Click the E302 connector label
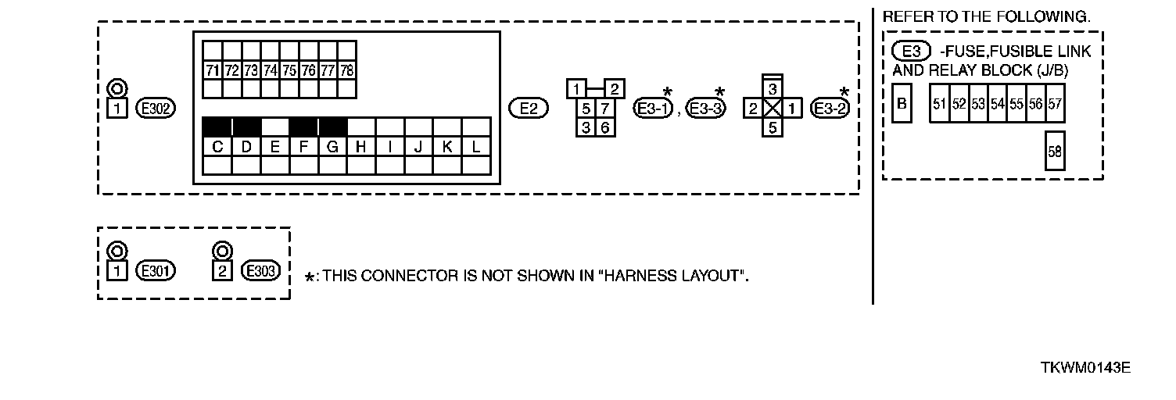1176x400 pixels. coord(155,108)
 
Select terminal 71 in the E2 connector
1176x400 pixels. coord(211,70)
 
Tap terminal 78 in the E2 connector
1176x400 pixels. coord(347,70)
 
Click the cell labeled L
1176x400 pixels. coord(475,146)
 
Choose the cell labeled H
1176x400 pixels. coord(361,146)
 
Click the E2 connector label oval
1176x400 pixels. coord(529,108)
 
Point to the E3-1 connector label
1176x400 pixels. coord(654,109)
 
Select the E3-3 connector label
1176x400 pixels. coord(706,109)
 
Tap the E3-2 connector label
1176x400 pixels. coord(830,109)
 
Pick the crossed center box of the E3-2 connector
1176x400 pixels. coord(772,108)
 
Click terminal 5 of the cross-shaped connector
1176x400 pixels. coord(772,127)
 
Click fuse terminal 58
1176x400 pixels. coord(1055,152)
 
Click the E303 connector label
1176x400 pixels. coord(260,271)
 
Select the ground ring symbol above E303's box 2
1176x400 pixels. coord(222,251)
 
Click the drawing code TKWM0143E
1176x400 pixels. coord(1085,367)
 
